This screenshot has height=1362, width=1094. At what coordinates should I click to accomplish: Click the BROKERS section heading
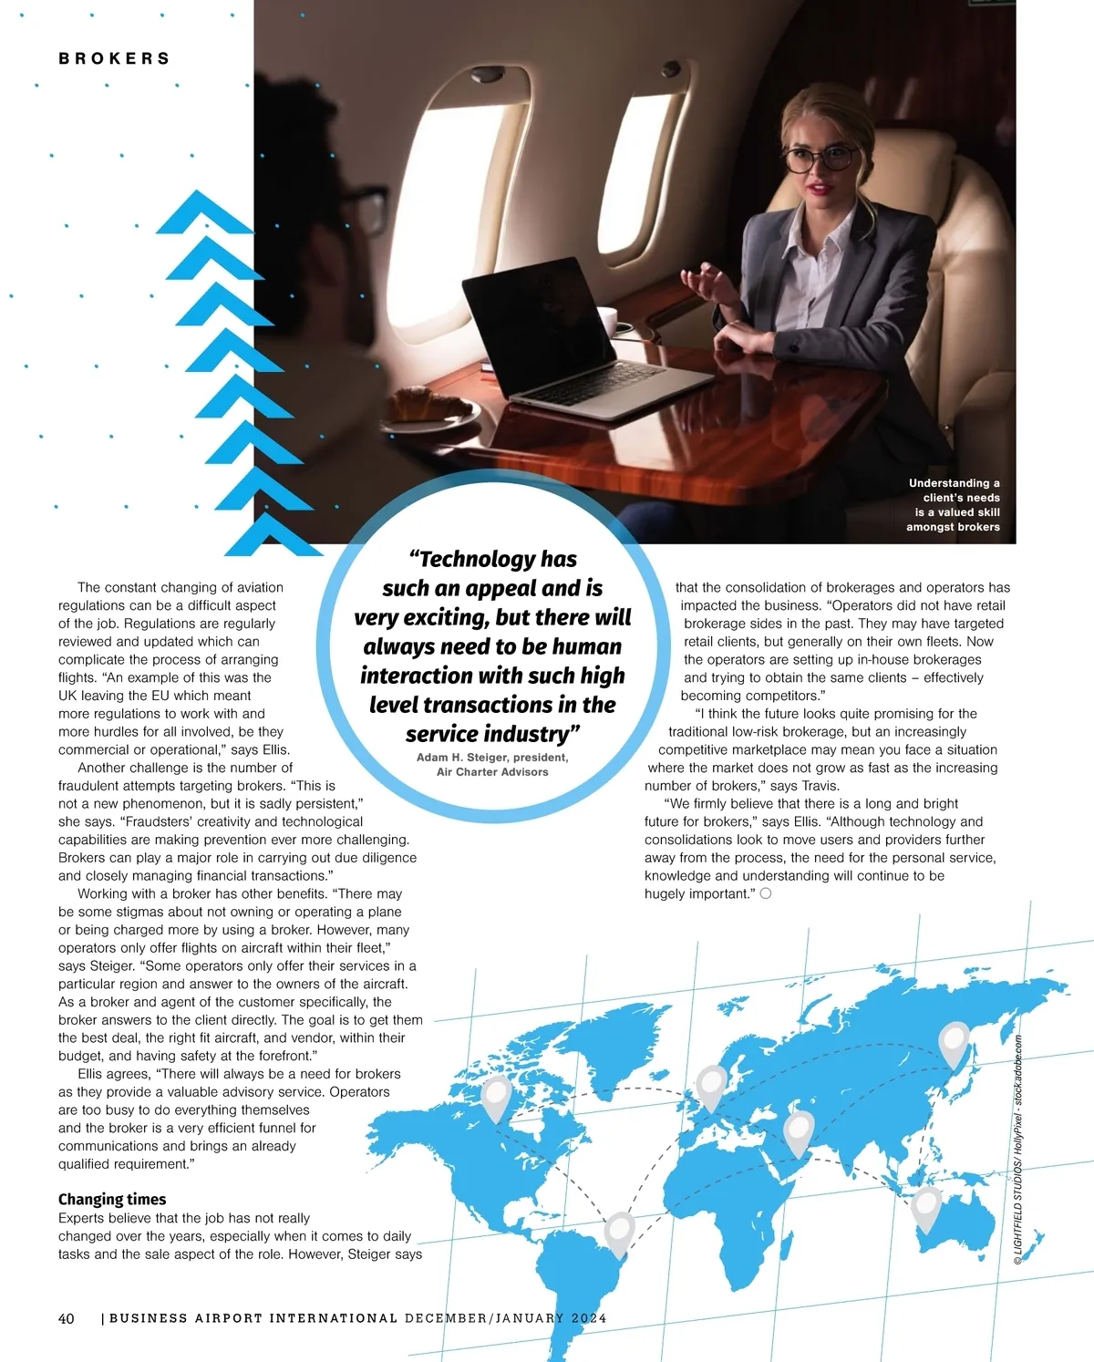coord(114,58)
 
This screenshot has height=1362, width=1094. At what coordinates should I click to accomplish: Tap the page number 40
coord(67,1318)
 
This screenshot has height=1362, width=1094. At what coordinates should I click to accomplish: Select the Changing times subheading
coord(112,1199)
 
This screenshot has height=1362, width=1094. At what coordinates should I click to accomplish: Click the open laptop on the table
coord(565,337)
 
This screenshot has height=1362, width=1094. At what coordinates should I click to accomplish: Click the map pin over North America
coord(496,1097)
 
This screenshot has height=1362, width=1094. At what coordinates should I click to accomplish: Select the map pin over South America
coord(619,1233)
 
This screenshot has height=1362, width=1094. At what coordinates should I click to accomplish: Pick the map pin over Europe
coord(710,1086)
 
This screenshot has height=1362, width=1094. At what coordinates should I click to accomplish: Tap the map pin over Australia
coord(926,1207)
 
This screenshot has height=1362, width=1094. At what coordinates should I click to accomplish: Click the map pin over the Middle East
coord(799,1131)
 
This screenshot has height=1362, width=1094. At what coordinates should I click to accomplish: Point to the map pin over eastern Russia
coord(954,1042)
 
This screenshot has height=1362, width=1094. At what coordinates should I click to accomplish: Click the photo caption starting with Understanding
coord(953,504)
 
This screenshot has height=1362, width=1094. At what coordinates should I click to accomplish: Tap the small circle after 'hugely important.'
coord(766,893)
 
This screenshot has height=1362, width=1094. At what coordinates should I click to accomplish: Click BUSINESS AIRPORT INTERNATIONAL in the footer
coord(253,1318)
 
